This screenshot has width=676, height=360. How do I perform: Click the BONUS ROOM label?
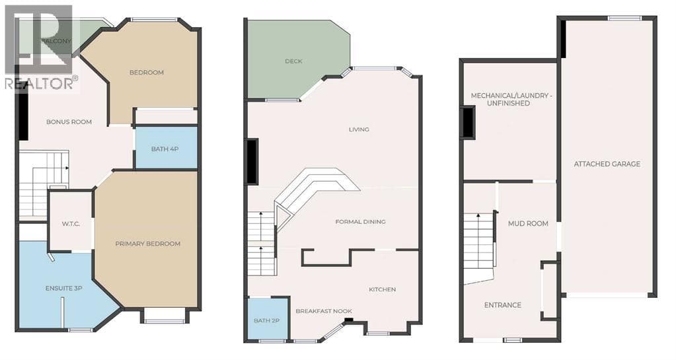pyautogui.click(x=69, y=122)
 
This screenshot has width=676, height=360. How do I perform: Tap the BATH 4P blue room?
pyautogui.click(x=167, y=148)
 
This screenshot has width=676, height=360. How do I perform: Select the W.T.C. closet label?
pyautogui.click(x=71, y=224)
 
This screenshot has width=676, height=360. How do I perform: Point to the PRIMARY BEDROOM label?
pyautogui.click(x=148, y=244)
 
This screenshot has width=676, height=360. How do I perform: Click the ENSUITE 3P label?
pyautogui.click(x=64, y=288)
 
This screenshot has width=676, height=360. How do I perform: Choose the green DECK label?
pyautogui.click(x=293, y=61)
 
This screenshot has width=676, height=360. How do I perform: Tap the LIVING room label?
pyautogui.click(x=359, y=129)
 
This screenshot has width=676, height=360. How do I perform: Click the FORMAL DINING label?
pyautogui.click(x=360, y=221)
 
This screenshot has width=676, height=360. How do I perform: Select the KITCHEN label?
pyautogui.click(x=383, y=289)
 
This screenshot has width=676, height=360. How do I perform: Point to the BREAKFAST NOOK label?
pyautogui.click(x=324, y=311)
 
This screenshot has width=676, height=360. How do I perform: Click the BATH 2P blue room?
pyautogui.click(x=268, y=319)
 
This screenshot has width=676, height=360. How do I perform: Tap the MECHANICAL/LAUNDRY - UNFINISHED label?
pyautogui.click(x=511, y=99)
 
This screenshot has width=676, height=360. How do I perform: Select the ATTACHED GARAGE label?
pyautogui.click(x=607, y=164)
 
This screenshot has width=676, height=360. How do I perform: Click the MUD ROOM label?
pyautogui.click(x=528, y=223)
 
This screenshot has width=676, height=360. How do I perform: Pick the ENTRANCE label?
pyautogui.click(x=503, y=305)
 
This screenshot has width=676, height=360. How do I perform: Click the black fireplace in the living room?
pyautogui.click(x=252, y=162)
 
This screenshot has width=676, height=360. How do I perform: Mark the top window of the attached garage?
pyautogui.click(x=624, y=18)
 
